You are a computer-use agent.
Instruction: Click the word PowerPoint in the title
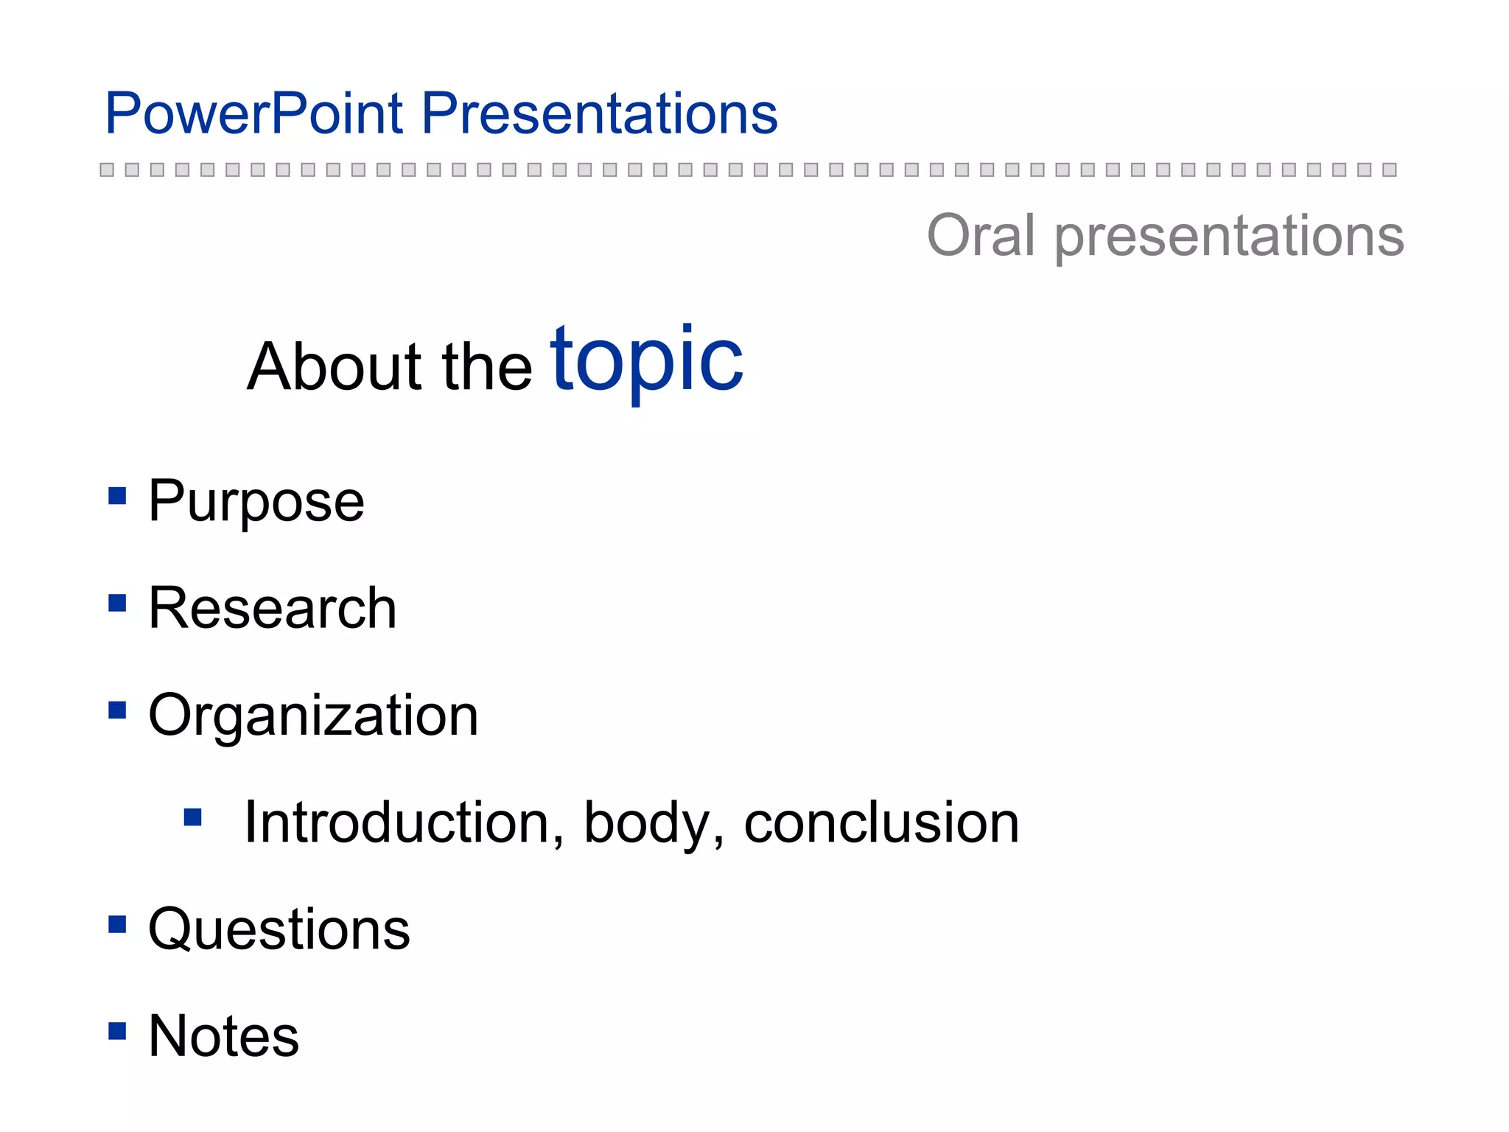pos(254,114)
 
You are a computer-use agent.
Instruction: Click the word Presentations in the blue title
pos(599,114)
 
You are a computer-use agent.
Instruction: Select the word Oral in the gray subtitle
pos(981,235)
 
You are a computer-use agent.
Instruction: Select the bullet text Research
pos(272,609)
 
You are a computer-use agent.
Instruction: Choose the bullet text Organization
pos(313,716)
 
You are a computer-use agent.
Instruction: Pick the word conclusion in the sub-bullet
pos(881,822)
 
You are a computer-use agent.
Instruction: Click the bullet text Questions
pos(279,930)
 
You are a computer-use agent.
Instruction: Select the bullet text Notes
pos(223,1036)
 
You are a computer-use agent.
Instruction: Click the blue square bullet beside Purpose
pos(117,495)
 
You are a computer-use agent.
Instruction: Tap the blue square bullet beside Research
pos(117,603)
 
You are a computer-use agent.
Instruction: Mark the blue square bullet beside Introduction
pos(193,817)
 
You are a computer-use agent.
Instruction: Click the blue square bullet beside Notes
pos(117,1030)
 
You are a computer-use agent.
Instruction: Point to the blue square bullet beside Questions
pos(117,924)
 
